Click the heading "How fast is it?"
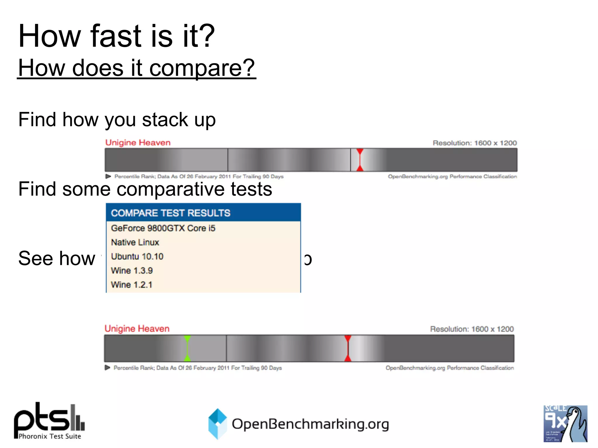(x=117, y=36)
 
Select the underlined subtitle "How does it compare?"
(x=137, y=68)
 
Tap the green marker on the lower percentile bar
(x=187, y=349)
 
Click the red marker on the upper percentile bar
(x=360, y=160)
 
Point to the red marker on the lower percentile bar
(x=348, y=349)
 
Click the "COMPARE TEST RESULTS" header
(x=171, y=213)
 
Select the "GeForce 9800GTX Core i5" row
(x=163, y=228)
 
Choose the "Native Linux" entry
(x=135, y=242)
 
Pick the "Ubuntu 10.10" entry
(x=137, y=256)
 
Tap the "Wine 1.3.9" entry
(x=132, y=271)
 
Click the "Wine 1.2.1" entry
(x=132, y=285)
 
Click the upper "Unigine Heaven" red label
(x=138, y=143)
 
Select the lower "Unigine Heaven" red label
(x=137, y=329)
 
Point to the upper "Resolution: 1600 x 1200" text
(x=474, y=143)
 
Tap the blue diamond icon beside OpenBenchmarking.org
(x=218, y=423)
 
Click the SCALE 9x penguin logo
(x=565, y=423)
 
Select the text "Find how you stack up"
(x=117, y=120)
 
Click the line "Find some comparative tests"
(x=145, y=189)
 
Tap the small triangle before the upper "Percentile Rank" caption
(x=108, y=176)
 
